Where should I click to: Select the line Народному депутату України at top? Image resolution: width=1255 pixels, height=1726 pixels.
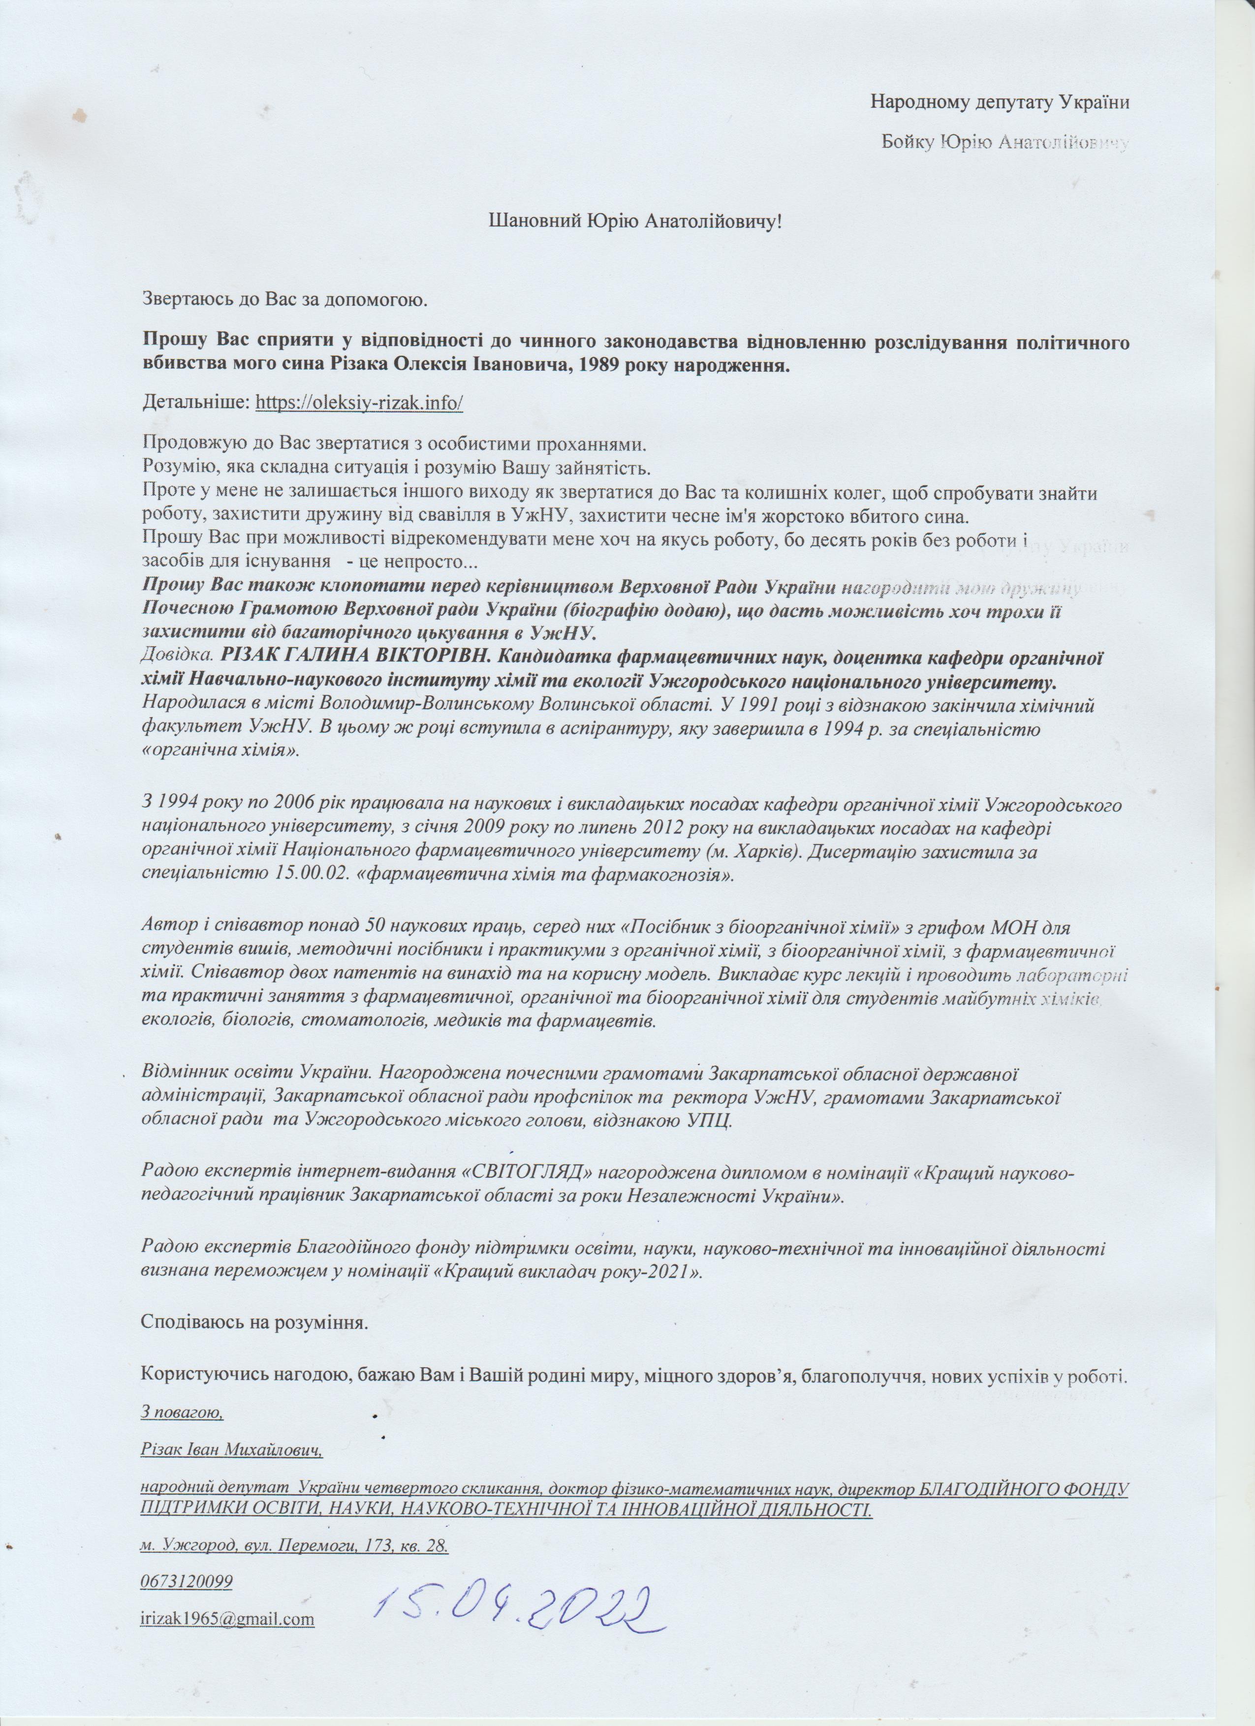(x=999, y=101)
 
